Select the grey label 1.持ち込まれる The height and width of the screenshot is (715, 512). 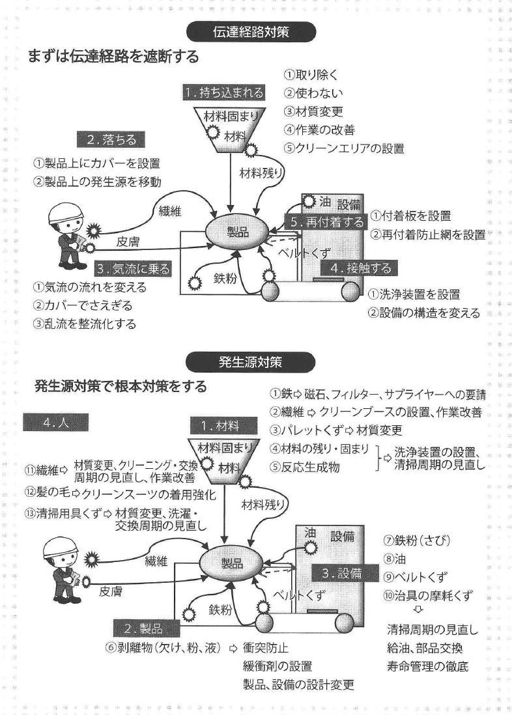(x=223, y=92)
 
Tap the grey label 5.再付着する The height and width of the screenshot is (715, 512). (x=327, y=222)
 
